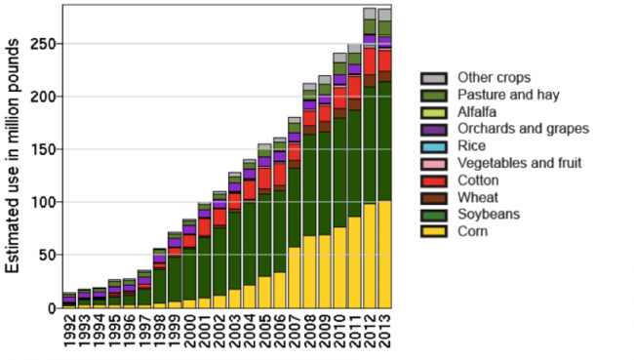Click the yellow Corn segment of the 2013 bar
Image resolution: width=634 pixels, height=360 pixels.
384,254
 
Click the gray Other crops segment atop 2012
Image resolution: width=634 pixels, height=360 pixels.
370,14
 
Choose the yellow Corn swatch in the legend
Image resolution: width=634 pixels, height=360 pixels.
434,232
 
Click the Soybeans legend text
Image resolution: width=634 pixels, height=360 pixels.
489,215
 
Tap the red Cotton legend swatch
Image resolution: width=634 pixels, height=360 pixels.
434,180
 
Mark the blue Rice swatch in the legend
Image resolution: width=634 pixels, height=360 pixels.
434,146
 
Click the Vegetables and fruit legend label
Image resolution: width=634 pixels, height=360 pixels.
519,163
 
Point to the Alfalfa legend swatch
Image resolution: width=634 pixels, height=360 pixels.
434,112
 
